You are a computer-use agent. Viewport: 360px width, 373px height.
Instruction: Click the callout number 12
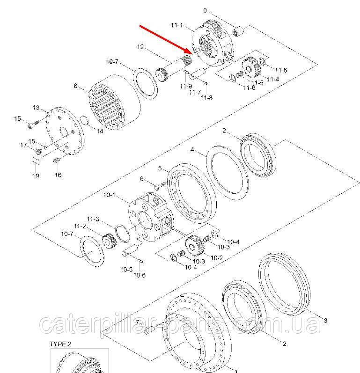(140, 47)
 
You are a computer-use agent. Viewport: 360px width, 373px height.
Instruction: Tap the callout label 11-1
(177, 25)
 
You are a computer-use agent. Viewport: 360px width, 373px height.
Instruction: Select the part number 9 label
(205, 11)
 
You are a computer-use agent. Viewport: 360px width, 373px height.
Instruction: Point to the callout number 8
(75, 86)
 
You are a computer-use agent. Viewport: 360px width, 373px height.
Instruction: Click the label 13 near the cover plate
(36, 108)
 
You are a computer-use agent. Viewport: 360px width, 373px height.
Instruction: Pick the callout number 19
(36, 176)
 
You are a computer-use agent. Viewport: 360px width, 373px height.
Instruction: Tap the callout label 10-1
(109, 195)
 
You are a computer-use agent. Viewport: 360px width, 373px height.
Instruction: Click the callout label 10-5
(126, 270)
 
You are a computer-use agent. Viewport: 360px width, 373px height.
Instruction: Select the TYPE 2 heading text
(60, 344)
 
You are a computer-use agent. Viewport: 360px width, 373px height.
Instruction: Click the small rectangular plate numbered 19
(36, 160)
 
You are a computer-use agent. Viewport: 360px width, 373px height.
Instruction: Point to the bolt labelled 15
(33, 124)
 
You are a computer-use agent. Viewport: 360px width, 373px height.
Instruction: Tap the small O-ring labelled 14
(84, 120)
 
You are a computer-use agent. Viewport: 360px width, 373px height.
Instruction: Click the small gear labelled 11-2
(110, 241)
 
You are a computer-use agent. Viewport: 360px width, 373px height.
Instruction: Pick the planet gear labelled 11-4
(250, 66)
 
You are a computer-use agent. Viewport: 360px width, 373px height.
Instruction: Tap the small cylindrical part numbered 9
(238, 32)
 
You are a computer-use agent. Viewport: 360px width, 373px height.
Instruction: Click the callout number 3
(325, 321)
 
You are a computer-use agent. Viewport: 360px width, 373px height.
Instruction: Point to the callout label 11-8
(206, 97)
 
